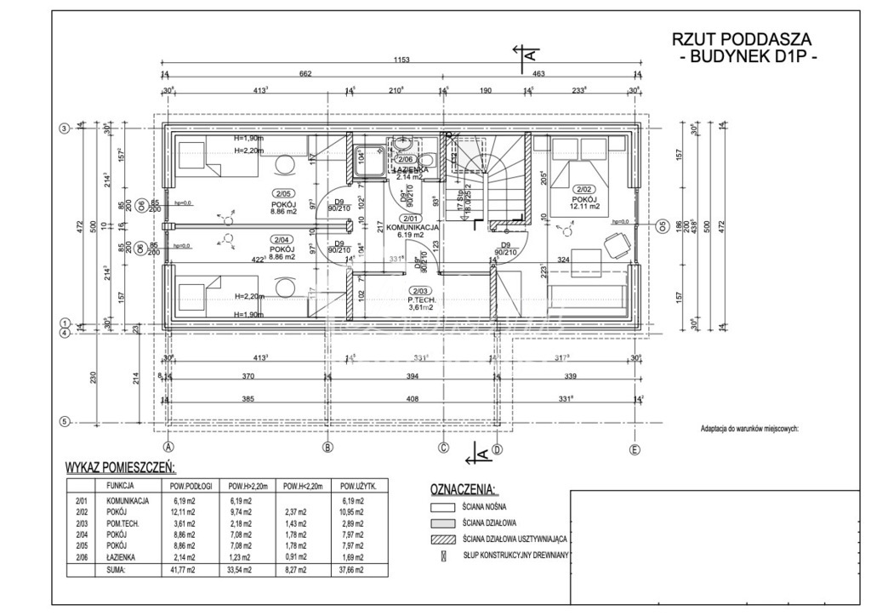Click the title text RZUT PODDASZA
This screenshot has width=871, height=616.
coord(742,39)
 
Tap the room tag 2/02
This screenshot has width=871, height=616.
coord(584,189)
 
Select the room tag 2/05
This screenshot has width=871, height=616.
coord(281,192)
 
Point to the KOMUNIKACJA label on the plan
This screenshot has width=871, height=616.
coord(413,228)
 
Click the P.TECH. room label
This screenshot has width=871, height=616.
coord(422,300)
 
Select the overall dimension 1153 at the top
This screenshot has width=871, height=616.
coord(401,60)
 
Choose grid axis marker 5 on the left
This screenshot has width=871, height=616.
coord(63,420)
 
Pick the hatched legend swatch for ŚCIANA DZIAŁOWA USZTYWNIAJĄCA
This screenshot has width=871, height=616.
coord(444,539)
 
